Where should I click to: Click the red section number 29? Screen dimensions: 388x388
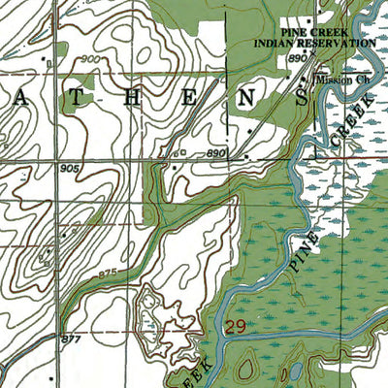click(234, 328)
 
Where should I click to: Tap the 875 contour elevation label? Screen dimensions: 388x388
click(111, 277)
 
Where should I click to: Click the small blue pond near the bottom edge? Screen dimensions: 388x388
click(287, 373)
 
